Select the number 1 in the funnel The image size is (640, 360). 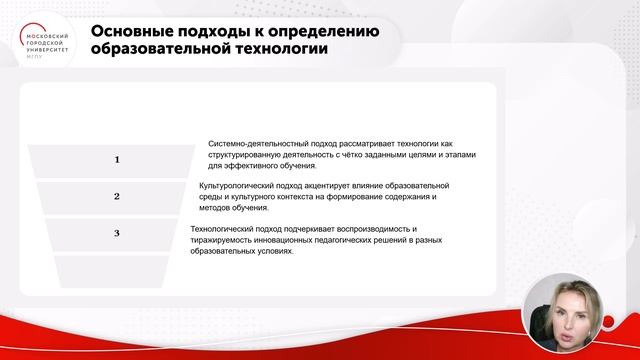117,159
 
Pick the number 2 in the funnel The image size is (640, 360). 117,196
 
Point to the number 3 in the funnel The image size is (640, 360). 117,233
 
